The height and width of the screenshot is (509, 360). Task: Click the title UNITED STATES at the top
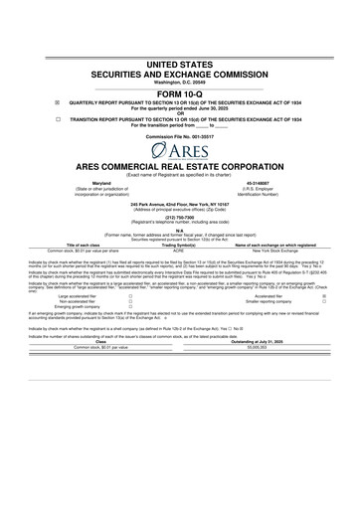point(180,63)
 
